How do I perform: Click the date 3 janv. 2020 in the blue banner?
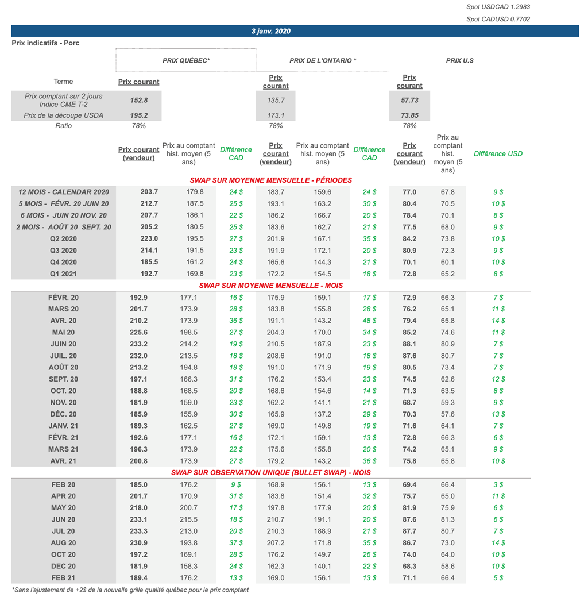click(270, 31)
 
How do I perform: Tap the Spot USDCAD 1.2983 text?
click(498, 7)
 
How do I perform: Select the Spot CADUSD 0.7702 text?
click(498, 19)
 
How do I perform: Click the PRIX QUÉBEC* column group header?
click(186, 60)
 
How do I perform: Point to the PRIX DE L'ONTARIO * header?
click(323, 60)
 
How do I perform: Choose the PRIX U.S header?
click(460, 60)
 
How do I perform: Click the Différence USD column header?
click(498, 154)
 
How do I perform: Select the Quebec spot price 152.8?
click(139, 100)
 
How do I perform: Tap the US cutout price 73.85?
click(409, 115)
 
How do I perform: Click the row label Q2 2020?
click(63, 238)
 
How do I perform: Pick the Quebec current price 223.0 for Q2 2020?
click(149, 238)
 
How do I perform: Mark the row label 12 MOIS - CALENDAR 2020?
click(64, 192)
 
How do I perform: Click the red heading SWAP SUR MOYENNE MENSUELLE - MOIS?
click(270, 286)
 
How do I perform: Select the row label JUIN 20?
click(63, 344)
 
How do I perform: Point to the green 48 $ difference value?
click(369, 321)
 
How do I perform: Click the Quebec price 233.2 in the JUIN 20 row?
click(138, 344)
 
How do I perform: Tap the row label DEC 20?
click(63, 566)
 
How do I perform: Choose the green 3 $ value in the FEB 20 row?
click(498, 485)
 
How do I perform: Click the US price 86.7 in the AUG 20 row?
click(409, 543)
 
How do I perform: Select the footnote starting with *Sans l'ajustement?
click(130, 590)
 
